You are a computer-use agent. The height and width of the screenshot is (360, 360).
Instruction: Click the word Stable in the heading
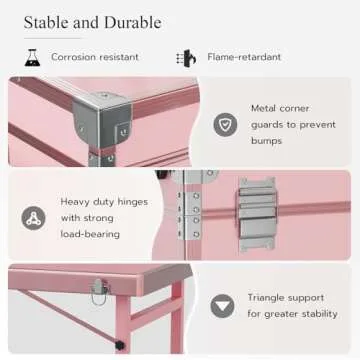[x=39, y=22]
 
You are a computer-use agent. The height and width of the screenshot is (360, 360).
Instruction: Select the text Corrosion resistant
[x=95, y=58]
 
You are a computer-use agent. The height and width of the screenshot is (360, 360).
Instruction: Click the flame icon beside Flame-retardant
[x=185, y=58]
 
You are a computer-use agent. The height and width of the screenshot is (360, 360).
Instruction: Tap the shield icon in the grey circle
[x=225, y=124]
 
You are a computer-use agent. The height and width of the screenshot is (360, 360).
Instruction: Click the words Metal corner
[x=279, y=107]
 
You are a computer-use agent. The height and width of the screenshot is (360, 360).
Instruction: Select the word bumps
[x=267, y=141]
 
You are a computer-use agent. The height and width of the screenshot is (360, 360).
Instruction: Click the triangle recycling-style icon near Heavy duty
[x=35, y=217]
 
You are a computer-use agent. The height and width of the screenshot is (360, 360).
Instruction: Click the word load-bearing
[x=90, y=234]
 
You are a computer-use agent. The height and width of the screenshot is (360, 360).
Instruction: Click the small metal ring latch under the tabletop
[x=100, y=295]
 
